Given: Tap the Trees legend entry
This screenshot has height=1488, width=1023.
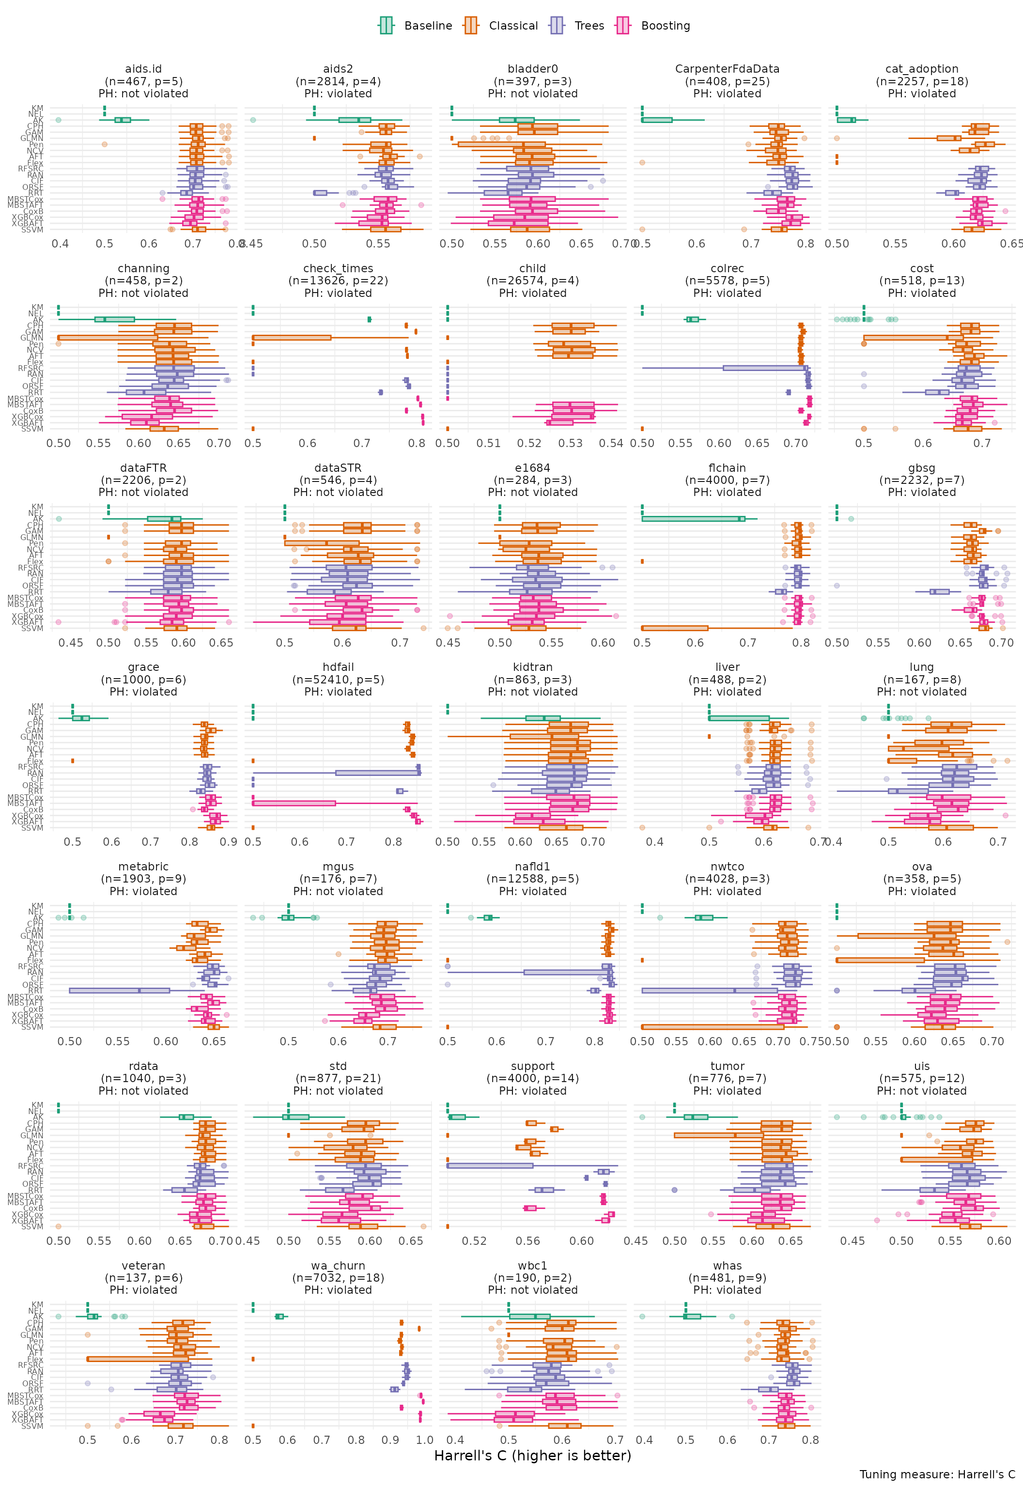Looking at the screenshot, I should (577, 26).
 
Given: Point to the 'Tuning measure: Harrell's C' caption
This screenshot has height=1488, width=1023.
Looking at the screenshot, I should (937, 1474).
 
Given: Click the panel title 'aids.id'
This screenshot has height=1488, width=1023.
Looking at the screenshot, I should (143, 69).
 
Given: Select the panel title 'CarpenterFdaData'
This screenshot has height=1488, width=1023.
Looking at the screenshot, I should (727, 69).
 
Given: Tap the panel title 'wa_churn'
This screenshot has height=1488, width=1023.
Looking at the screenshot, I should (338, 1266).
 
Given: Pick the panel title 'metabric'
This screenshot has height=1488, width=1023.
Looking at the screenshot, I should (143, 867).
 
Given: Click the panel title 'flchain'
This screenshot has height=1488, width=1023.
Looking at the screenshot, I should (727, 468).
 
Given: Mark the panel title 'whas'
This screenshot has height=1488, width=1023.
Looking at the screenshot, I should (727, 1266).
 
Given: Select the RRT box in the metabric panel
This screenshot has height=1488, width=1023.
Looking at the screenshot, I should (119, 990).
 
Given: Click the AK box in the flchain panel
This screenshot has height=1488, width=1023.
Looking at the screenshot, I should (693, 518).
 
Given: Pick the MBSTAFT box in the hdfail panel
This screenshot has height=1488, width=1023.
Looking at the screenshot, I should (294, 803).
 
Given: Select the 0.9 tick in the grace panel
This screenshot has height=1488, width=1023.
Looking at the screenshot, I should (229, 841).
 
